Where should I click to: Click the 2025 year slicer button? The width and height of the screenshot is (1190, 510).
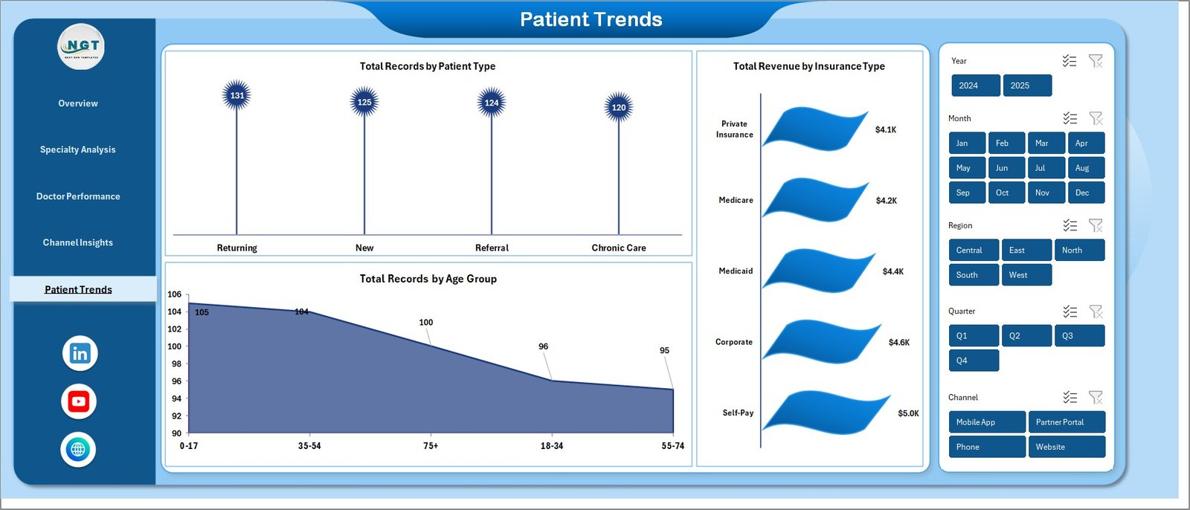click(1026, 85)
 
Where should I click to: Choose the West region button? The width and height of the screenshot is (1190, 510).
click(1026, 275)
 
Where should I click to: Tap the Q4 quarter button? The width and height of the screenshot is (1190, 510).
click(973, 361)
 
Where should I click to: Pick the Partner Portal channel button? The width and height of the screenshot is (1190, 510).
click(1066, 422)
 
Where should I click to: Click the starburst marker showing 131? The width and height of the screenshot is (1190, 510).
click(237, 95)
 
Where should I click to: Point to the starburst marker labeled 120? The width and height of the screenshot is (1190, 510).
click(619, 107)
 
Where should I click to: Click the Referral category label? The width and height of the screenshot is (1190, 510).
click(492, 248)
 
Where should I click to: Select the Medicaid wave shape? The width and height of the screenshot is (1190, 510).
click(818, 271)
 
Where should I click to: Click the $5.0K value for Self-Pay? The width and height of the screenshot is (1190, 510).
click(908, 413)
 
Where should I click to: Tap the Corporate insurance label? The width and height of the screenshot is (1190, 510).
click(733, 342)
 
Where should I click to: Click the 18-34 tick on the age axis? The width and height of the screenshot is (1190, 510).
click(552, 446)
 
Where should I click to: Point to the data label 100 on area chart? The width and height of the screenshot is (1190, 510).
click(425, 323)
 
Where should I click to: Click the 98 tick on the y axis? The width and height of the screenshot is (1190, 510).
click(176, 364)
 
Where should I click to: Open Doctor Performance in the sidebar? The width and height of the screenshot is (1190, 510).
click(78, 196)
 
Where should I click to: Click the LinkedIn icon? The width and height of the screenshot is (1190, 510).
click(80, 353)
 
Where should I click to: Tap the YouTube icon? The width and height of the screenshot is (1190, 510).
click(79, 401)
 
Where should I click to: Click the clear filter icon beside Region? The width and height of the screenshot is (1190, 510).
click(1096, 225)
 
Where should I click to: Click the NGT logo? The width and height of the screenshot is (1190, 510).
click(81, 47)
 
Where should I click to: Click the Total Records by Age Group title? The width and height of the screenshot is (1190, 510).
click(428, 279)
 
